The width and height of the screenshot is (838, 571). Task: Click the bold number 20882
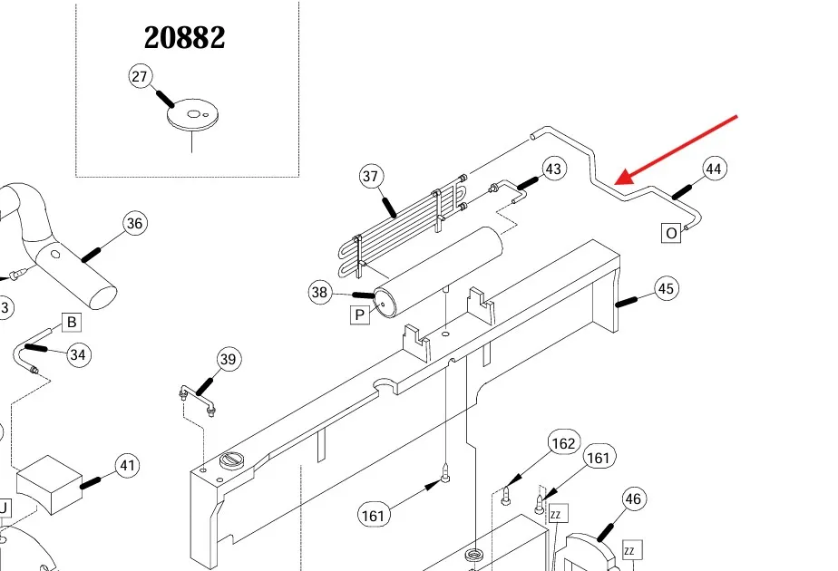tap(185, 37)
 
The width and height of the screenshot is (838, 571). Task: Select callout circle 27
tap(140, 77)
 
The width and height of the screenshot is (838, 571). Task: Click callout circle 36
tap(134, 223)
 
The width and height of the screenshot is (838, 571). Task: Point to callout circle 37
tap(370, 176)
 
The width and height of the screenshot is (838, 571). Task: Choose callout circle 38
tap(320, 292)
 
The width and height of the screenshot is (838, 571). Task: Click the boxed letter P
tap(360, 315)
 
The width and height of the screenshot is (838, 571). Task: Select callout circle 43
tap(553, 169)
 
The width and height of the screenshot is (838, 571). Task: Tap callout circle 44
tap(715, 169)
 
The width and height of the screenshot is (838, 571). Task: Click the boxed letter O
tap(671, 233)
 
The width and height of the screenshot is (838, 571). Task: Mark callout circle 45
tap(667, 289)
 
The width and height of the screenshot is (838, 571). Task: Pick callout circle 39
tap(228, 360)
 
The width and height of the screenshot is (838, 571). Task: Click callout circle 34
tap(78, 354)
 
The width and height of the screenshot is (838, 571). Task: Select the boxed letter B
tap(71, 322)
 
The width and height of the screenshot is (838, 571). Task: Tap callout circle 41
tap(128, 467)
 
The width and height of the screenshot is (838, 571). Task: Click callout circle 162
tap(563, 443)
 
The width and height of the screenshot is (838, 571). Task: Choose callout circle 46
tap(633, 498)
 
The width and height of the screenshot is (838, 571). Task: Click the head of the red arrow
tap(618, 181)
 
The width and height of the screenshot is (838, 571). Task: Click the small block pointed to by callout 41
tap(49, 481)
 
